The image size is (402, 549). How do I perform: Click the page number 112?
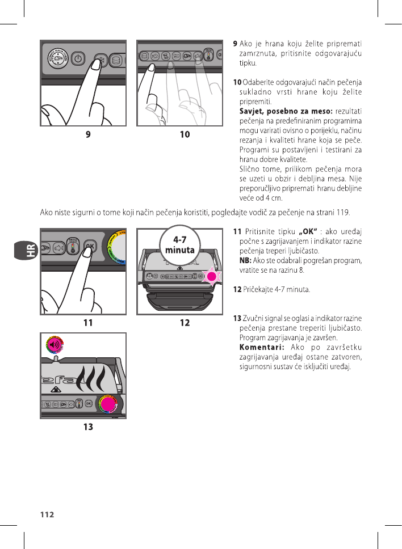(47, 514)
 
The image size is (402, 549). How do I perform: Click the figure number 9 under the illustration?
(88, 135)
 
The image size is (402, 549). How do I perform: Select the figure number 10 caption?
(185, 135)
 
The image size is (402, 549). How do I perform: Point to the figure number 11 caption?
(88, 323)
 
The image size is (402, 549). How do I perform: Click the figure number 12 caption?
(185, 323)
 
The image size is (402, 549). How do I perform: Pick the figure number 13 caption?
(88, 427)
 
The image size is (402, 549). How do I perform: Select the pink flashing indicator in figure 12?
(212, 276)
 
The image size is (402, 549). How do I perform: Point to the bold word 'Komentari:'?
(262, 347)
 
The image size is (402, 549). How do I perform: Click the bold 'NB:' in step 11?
(245, 260)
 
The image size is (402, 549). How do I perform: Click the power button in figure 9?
(78, 58)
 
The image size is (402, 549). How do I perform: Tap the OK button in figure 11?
(89, 245)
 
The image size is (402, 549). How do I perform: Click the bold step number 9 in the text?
(236, 44)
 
